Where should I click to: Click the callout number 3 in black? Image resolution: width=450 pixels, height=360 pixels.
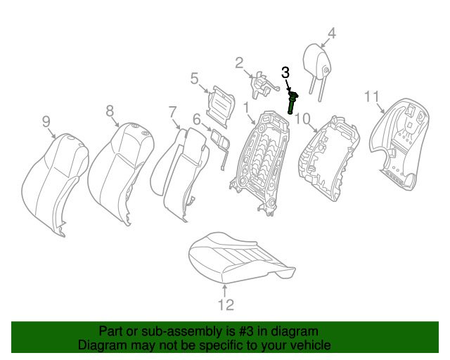coord(285,72)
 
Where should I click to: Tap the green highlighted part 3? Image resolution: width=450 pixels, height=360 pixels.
coord(292,102)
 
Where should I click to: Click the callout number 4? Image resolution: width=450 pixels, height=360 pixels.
coord(332,32)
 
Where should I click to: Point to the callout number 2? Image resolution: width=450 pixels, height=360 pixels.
coord(239,63)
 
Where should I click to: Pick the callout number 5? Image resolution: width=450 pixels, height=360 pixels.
coord(195,79)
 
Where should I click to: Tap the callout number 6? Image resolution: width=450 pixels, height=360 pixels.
coord(197,120)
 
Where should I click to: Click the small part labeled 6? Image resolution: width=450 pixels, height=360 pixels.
coord(220,140)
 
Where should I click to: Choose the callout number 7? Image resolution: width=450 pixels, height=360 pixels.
coord(172,111)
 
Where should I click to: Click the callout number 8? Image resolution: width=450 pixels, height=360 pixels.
coord(110,110)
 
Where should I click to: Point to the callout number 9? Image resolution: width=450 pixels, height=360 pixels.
coord(46,122)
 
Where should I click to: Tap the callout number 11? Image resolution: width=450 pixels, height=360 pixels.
coord(372,96)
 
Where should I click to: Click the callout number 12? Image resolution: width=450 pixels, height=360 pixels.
coord(225,304)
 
